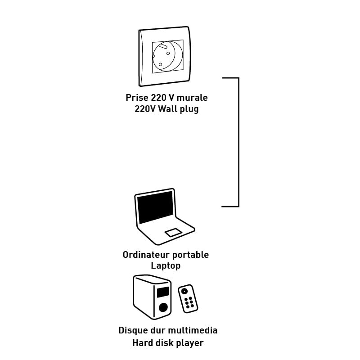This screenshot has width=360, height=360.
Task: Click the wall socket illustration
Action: tap(164, 56)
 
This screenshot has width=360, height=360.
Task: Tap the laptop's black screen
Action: tap(155, 207)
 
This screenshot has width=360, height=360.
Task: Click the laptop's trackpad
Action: tap(173, 232)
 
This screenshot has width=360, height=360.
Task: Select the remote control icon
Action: tap(188, 298)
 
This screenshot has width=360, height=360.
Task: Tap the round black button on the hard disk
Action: tap(163, 307)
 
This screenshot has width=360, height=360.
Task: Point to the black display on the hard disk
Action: tap(163, 292)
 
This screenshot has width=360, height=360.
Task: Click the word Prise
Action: tap(136, 98)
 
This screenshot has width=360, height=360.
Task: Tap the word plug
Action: tap(189, 109)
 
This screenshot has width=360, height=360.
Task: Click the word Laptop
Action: tap(166, 266)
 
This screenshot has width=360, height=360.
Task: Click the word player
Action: tap(189, 343)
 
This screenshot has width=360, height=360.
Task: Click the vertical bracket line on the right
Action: tap(238, 142)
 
